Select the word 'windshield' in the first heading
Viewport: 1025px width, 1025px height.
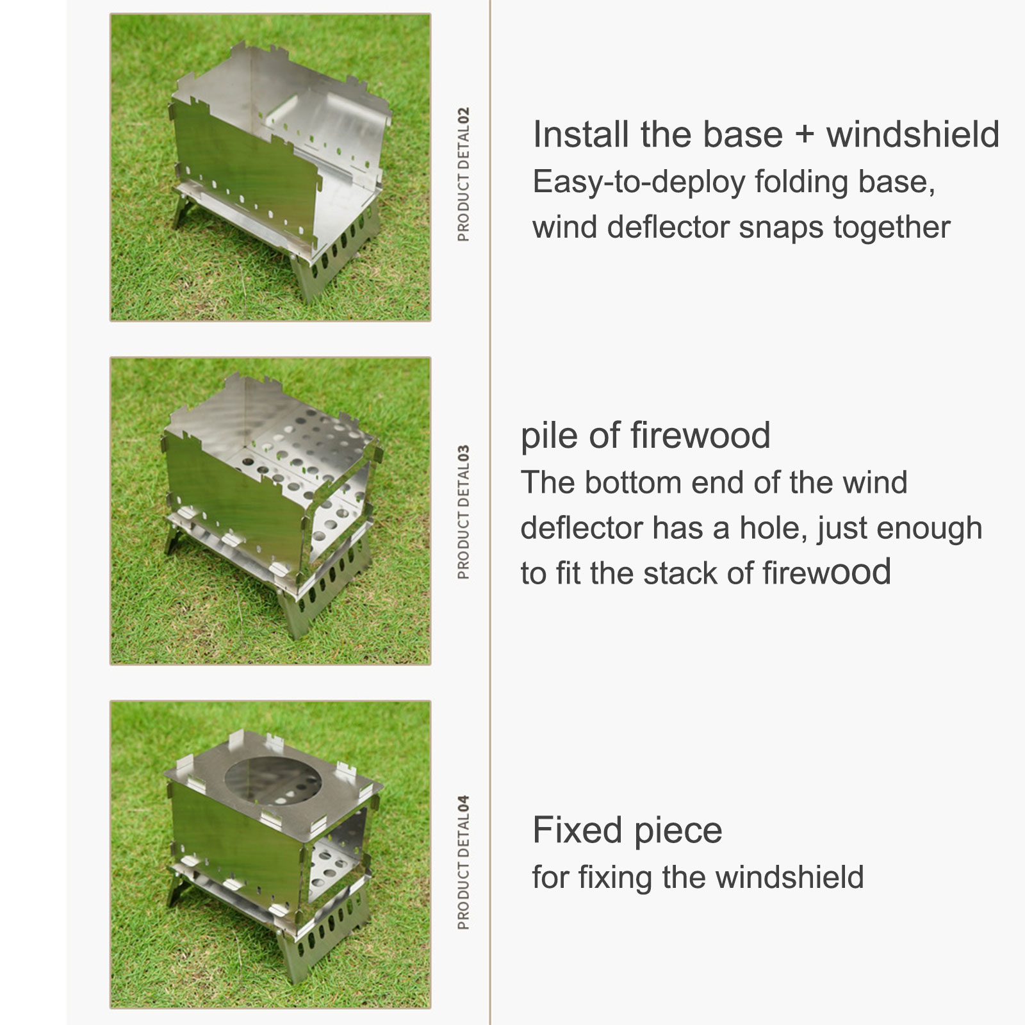click(x=913, y=135)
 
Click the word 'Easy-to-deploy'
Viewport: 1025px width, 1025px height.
click(x=639, y=183)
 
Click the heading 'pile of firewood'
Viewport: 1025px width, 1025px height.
click(x=645, y=436)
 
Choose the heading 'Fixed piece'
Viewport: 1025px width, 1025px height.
click(x=627, y=830)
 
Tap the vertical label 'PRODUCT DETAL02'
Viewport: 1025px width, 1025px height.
click(x=464, y=174)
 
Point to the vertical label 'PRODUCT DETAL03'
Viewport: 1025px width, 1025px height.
click(x=464, y=512)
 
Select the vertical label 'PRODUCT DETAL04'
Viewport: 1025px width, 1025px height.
click(x=464, y=862)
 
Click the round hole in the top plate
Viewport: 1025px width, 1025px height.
click(x=274, y=780)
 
